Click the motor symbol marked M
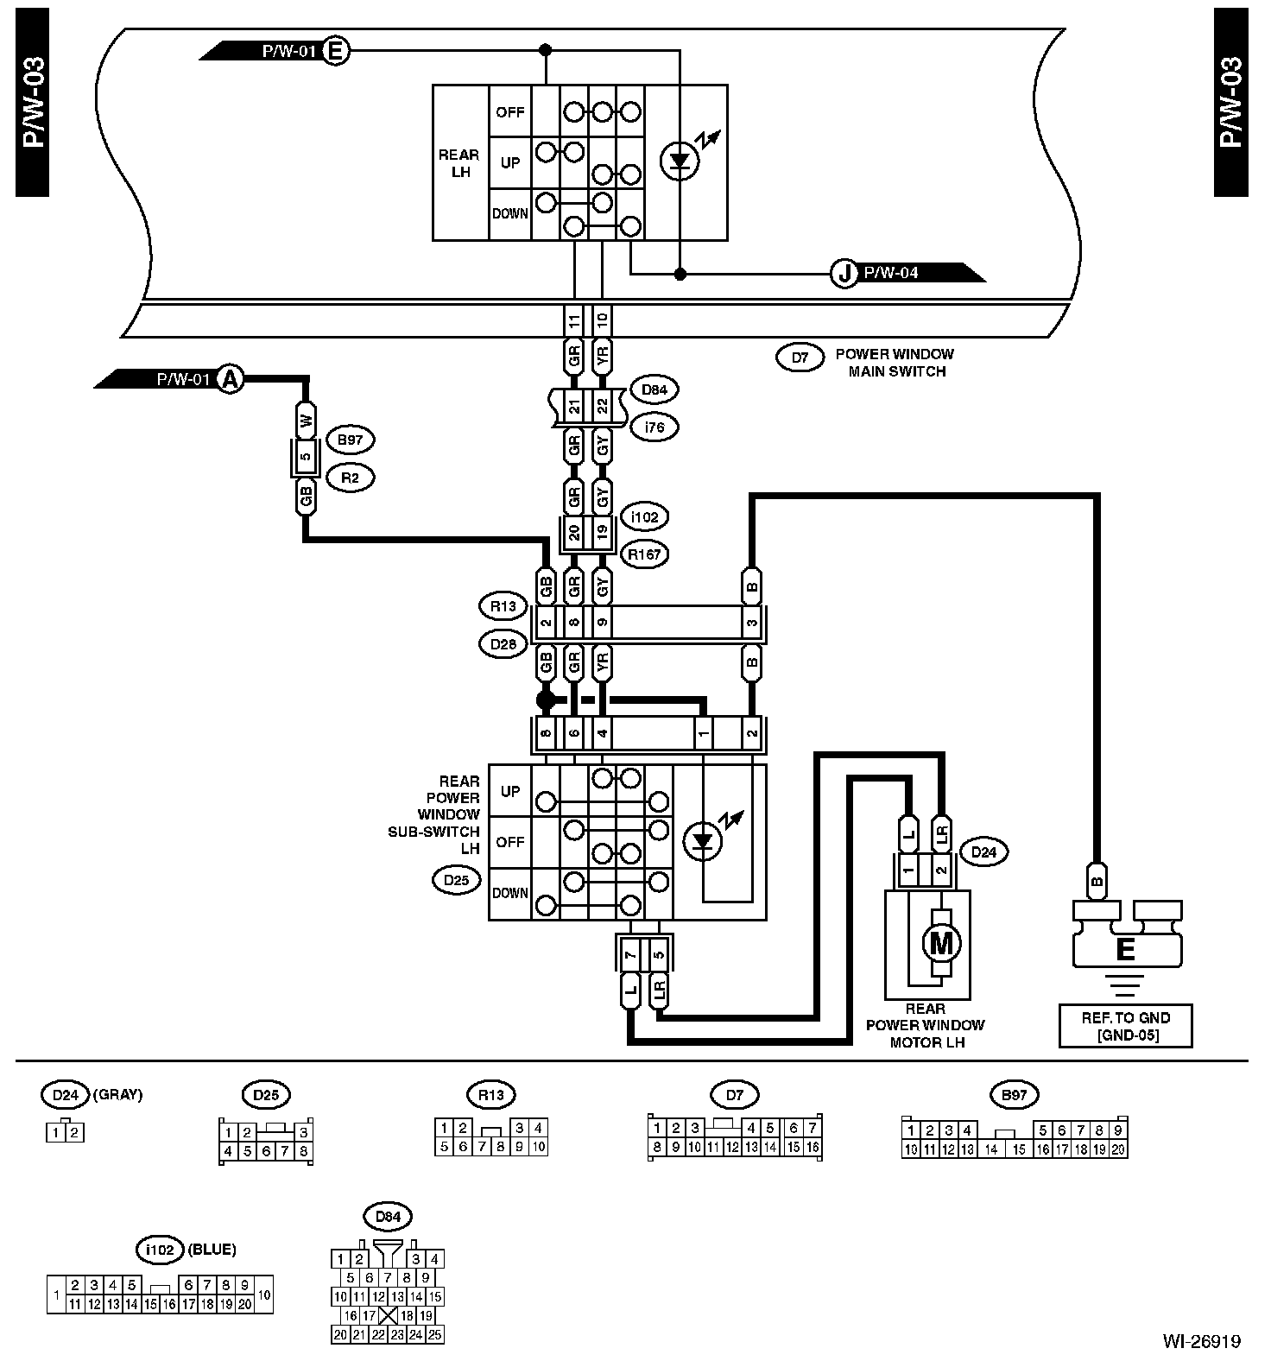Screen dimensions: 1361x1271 click(940, 943)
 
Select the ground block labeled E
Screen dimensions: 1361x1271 click(1126, 949)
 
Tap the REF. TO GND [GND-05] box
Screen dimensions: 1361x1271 click(1125, 1026)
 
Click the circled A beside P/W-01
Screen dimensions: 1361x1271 click(230, 378)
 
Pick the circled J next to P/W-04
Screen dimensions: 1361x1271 click(844, 274)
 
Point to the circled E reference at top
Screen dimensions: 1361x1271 click(336, 51)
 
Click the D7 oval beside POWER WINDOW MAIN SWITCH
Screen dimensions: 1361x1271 click(800, 357)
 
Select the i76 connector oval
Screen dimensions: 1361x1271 click(654, 427)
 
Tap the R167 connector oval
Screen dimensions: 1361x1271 click(644, 554)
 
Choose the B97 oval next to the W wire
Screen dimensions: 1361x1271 click(351, 440)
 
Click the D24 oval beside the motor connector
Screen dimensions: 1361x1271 click(983, 852)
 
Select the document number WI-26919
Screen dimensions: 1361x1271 click(1200, 1341)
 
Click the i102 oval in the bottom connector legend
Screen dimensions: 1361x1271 click(160, 1249)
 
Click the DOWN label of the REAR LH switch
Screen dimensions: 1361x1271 click(509, 212)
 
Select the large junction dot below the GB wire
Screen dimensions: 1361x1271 click(546, 699)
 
